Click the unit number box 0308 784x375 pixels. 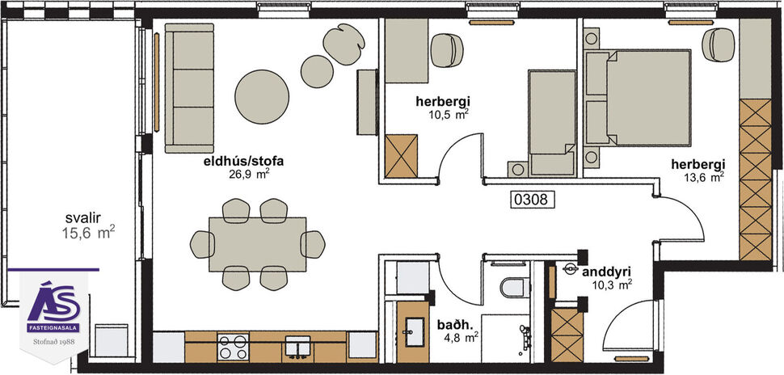534,199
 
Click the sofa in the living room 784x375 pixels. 189,87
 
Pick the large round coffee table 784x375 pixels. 262,95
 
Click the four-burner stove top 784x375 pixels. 232,347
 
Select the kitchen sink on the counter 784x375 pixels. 297,347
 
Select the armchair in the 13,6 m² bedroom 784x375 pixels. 717,44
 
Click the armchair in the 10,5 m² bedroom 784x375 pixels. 445,50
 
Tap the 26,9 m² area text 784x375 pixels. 249,173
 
